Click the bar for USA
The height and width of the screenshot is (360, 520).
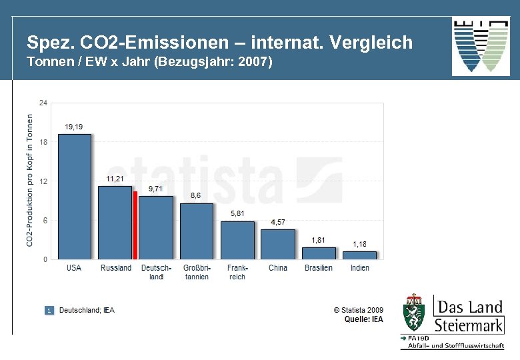coord(74,197)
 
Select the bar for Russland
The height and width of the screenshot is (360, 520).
coord(115,222)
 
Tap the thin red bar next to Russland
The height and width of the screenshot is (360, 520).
coord(135,225)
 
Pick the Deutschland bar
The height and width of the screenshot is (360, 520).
coord(155,227)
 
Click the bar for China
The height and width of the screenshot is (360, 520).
coord(277,244)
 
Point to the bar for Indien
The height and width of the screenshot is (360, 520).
coord(359,255)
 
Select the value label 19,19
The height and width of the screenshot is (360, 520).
coord(74,127)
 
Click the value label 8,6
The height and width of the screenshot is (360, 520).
coord(196,196)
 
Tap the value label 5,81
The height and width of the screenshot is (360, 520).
coord(237,213)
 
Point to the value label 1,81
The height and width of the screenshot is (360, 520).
coord(319,240)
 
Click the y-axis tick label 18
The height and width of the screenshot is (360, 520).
coord(43,142)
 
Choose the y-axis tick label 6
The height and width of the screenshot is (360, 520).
coord(45,221)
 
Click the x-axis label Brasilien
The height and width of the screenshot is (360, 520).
coord(319,268)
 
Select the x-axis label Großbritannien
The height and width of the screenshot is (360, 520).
coord(197,272)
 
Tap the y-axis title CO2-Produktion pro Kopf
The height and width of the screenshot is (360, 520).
coord(29,179)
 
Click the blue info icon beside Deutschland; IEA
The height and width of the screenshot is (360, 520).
coord(49,310)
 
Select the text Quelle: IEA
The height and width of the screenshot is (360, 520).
coord(364,319)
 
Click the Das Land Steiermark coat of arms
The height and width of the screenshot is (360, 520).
coord(415,313)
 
